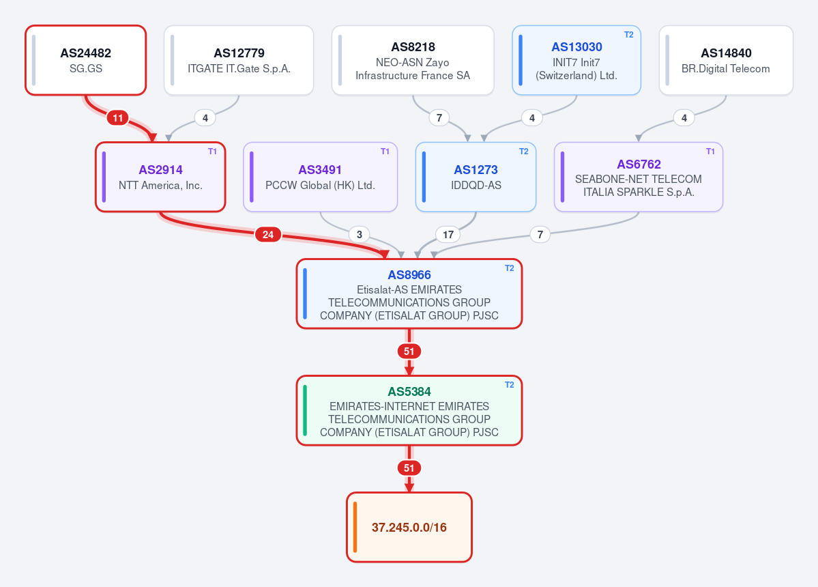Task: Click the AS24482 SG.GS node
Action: coord(85,60)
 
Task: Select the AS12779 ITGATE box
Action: coord(239,60)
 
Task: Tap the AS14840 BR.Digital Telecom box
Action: coord(726,60)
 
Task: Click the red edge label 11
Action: coord(118,118)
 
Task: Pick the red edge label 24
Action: coord(268,235)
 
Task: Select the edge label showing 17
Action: coord(448,235)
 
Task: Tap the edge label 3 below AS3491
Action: coord(360,235)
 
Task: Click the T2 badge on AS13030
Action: coord(628,34)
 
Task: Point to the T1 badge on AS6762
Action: coord(710,152)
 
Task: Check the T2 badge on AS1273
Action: coord(524,152)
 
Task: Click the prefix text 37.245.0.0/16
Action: coord(409,528)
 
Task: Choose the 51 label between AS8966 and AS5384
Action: coord(409,352)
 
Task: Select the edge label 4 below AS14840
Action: coord(684,118)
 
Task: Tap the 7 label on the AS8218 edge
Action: coord(439,118)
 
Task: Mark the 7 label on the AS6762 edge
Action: coord(540,235)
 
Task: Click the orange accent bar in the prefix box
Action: coord(355,527)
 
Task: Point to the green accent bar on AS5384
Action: coord(305,411)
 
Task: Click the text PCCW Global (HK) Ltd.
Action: coord(321,185)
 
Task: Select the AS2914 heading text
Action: coord(161,169)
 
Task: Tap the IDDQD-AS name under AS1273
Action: coord(476,185)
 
